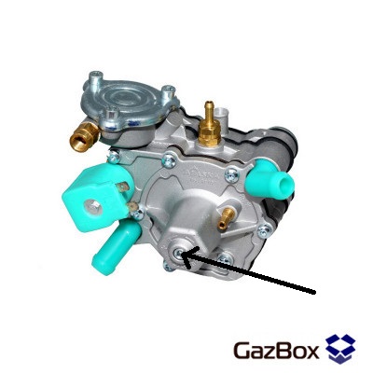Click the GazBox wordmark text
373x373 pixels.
(x=276, y=351)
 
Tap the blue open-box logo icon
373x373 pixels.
(x=340, y=349)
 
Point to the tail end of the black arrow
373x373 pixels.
(x=315, y=293)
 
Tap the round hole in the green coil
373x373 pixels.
(x=93, y=205)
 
